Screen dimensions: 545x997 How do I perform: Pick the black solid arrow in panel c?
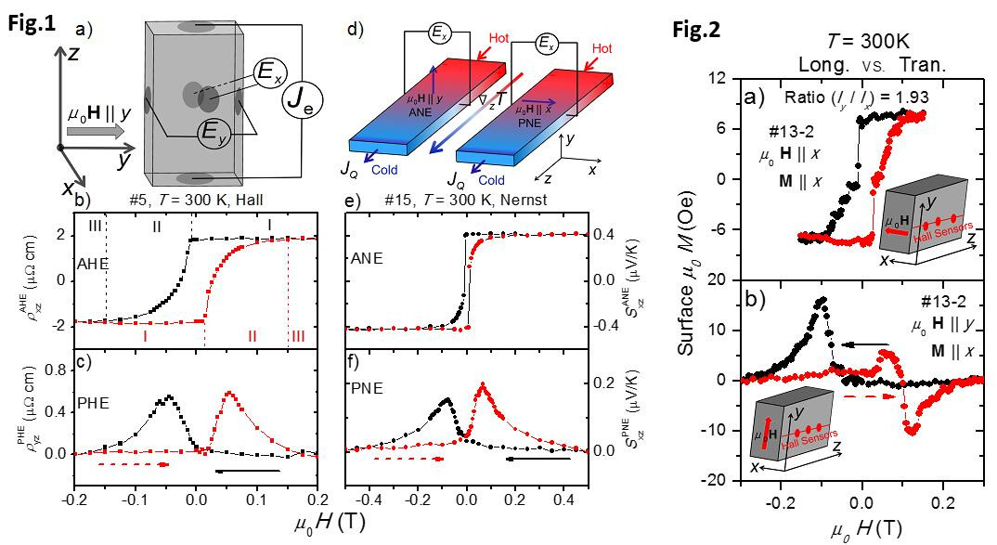[x=247, y=472]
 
